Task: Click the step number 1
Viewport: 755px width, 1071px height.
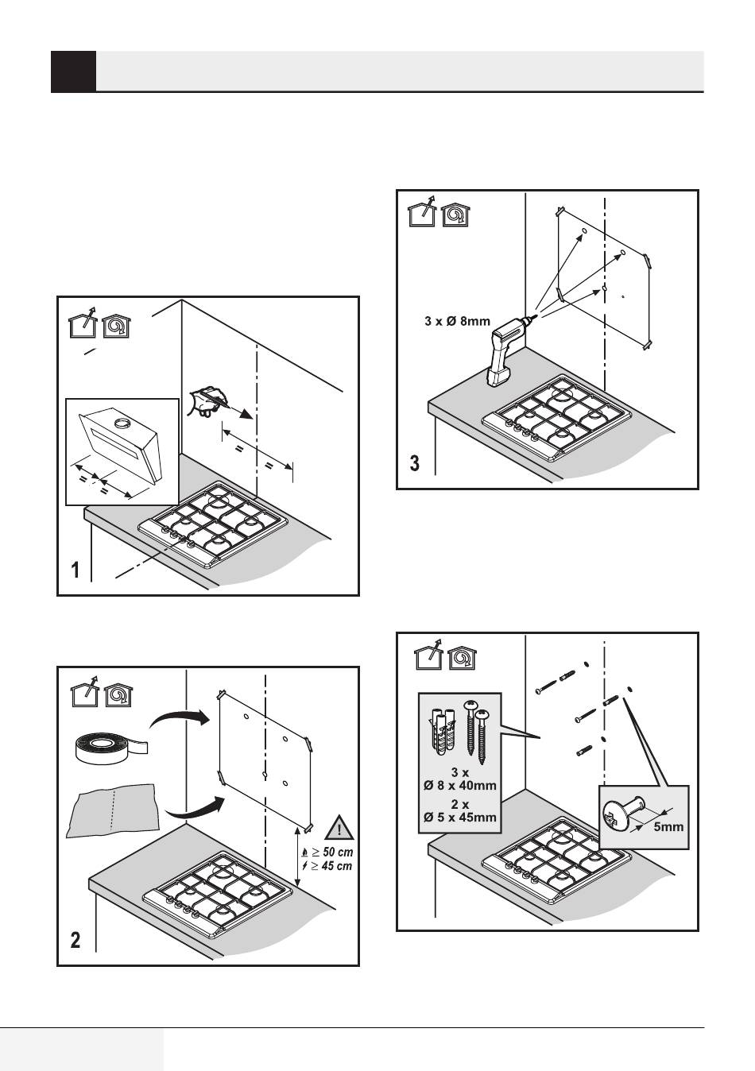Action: click(x=75, y=570)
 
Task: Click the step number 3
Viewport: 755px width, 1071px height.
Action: click(x=415, y=463)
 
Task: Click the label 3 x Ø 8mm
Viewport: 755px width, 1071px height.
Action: click(x=457, y=321)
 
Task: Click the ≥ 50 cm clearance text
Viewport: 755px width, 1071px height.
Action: click(x=327, y=853)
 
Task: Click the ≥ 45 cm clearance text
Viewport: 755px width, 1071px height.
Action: click(x=327, y=866)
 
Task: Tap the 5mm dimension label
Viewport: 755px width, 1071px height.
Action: click(x=668, y=826)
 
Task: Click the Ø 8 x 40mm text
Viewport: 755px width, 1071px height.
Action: click(x=459, y=785)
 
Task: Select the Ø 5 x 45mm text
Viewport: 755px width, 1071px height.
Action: click(x=459, y=817)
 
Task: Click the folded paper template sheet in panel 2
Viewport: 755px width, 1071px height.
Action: click(x=114, y=810)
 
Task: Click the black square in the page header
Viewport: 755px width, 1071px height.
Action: click(x=73, y=72)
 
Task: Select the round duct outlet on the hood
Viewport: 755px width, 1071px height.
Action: click(x=122, y=423)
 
